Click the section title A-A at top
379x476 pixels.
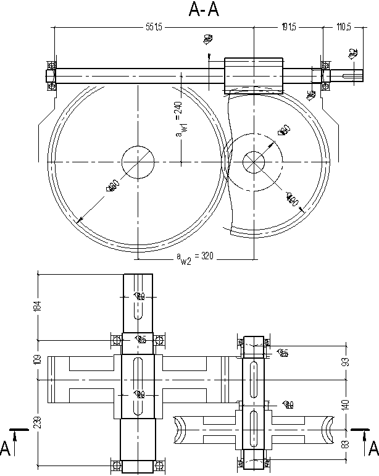204,10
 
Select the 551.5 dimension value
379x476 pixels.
154,27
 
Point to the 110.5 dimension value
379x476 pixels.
344,27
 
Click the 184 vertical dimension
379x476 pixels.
36,306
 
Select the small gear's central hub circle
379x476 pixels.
253,162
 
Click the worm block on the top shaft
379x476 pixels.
253,75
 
